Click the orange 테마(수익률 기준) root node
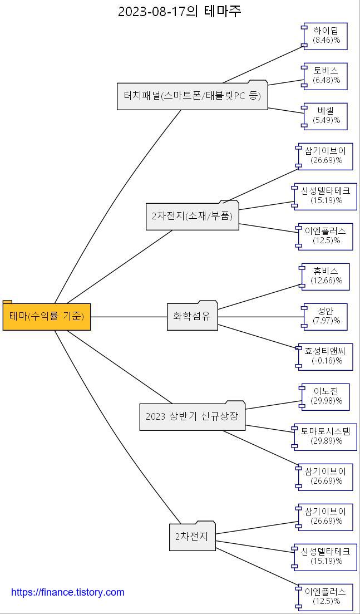(x=47, y=317)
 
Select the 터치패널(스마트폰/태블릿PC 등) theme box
(x=192, y=96)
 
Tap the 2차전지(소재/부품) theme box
(x=193, y=216)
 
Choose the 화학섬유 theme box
(x=192, y=316)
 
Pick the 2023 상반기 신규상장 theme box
(x=192, y=416)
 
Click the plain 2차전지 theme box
(x=192, y=537)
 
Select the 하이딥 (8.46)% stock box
(x=326, y=36)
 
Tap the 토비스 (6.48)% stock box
(x=326, y=76)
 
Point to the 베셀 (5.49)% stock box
(x=326, y=116)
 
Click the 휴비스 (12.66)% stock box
(x=326, y=277)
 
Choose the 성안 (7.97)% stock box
(x=326, y=316)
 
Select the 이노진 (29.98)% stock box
(x=326, y=396)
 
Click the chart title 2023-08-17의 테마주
(x=180, y=11)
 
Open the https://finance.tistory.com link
(x=68, y=592)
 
